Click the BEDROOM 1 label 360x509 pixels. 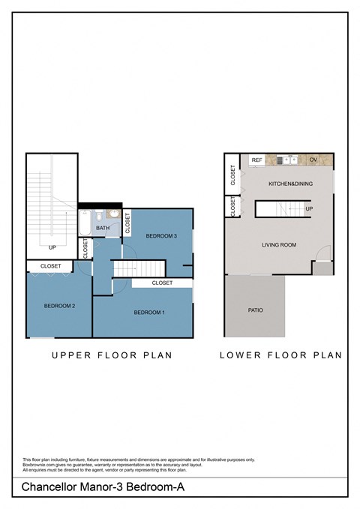pyautogui.click(x=149, y=312)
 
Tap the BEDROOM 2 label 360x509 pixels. pyautogui.click(x=59, y=306)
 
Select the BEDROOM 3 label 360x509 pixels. pyautogui.click(x=161, y=236)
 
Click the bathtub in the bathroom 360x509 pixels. pyautogui.click(x=85, y=223)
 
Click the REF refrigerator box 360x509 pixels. pyautogui.click(x=257, y=160)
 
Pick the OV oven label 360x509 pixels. pyautogui.click(x=313, y=160)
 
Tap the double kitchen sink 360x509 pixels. pyautogui.click(x=287, y=160)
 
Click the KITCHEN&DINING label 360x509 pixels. pyautogui.click(x=291, y=184)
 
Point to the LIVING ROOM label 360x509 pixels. pyautogui.click(x=279, y=245)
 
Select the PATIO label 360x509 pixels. pyautogui.click(x=255, y=310)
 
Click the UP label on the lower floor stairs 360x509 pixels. pyautogui.click(x=309, y=208)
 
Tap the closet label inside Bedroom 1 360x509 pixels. pyautogui.click(x=162, y=283)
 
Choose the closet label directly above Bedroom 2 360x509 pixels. pyautogui.click(x=51, y=265)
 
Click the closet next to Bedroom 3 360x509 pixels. pyautogui.click(x=127, y=222)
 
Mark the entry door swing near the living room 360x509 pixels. pyautogui.click(x=321, y=256)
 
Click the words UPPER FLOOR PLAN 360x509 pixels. pyautogui.click(x=112, y=355)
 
